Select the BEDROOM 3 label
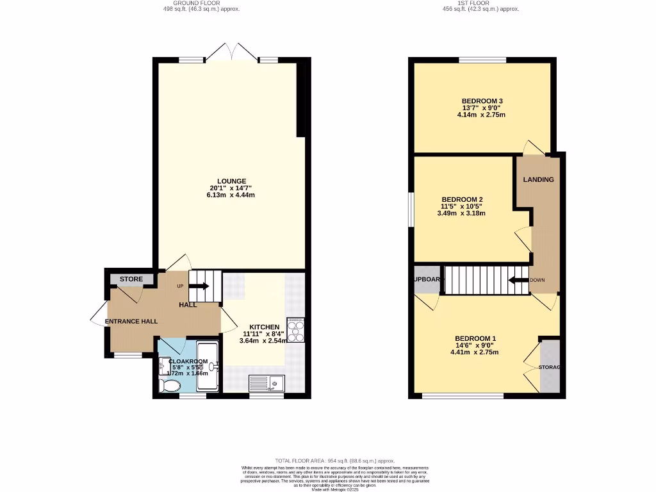pyautogui.click(x=482, y=101)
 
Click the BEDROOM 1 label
pyautogui.click(x=475, y=338)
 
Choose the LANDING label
pyautogui.click(x=538, y=179)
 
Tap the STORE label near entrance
pyautogui.click(x=131, y=279)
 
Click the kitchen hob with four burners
pyautogui.click(x=295, y=330)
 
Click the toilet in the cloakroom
pyautogui.click(x=171, y=385)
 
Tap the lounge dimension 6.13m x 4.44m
pyautogui.click(x=231, y=195)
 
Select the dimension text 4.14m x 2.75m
pyautogui.click(x=481, y=115)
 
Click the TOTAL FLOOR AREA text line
pyautogui.click(x=335, y=461)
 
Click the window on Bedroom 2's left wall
pyautogui.click(x=411, y=209)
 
